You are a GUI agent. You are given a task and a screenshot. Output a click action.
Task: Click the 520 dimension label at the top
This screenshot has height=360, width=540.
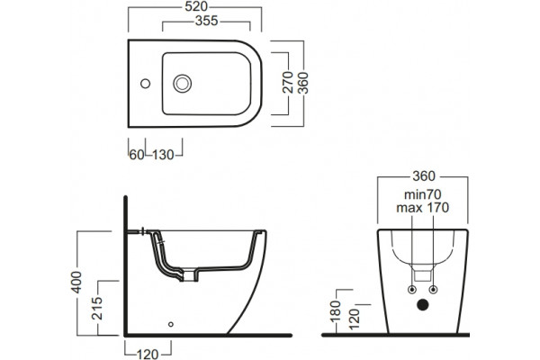(196, 6)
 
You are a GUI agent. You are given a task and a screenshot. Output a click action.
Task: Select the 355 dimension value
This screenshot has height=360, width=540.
(207, 21)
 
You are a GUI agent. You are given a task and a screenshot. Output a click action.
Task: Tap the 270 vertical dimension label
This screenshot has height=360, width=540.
(288, 82)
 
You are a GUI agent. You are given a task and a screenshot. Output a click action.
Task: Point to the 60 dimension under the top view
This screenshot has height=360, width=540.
(137, 155)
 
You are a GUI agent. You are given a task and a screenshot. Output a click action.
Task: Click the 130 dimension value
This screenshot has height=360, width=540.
(163, 155)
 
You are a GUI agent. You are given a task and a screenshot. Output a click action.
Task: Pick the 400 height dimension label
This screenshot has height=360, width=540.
(76, 283)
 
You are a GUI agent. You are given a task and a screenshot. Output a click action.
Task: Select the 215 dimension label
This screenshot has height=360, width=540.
(97, 308)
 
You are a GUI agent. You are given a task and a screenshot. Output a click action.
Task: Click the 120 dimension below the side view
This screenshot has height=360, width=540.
(148, 354)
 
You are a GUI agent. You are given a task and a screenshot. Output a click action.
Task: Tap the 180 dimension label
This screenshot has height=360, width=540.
(335, 311)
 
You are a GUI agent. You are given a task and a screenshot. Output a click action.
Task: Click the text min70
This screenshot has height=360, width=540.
(423, 194)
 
